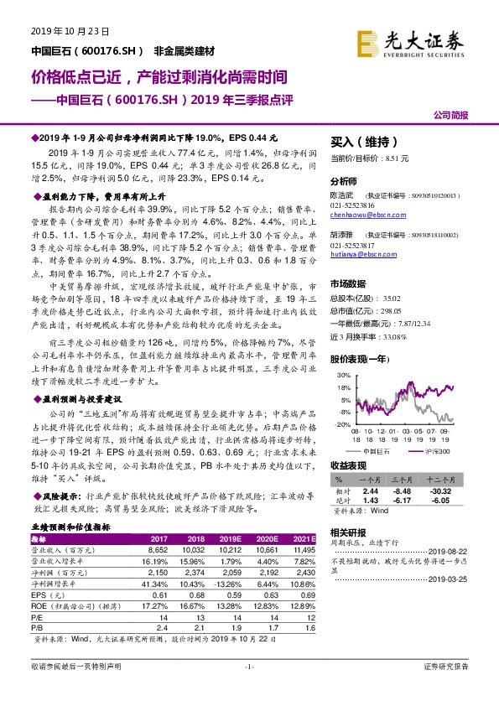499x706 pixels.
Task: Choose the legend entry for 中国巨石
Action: [x=373, y=450]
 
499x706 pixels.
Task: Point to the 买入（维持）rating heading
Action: [x=362, y=142]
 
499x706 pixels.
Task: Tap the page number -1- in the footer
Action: [x=249, y=667]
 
